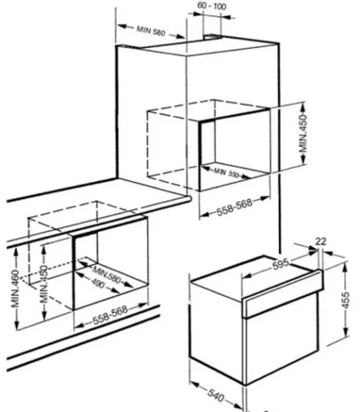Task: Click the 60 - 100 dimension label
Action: pos(212,6)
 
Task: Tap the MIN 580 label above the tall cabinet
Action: pos(151,31)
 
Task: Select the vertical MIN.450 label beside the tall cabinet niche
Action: pos(303,133)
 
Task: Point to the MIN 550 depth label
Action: pos(226,172)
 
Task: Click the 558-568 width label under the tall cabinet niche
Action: pos(234,207)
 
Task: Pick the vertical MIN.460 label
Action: pos(15,288)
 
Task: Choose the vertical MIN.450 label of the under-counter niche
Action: pos(44,284)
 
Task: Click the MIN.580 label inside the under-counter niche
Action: pos(107,275)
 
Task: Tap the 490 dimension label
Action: pos(98,283)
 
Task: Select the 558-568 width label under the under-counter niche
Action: pos(110,314)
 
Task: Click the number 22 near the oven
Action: pos(321,241)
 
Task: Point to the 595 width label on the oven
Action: pos(281,264)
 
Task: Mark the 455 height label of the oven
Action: pos(346,299)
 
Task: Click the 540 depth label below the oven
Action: pos(216,395)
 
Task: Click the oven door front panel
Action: pos(282,339)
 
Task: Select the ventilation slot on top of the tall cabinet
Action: pos(212,36)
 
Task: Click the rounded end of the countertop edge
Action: pos(188,199)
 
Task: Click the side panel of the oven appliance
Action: pos(217,332)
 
